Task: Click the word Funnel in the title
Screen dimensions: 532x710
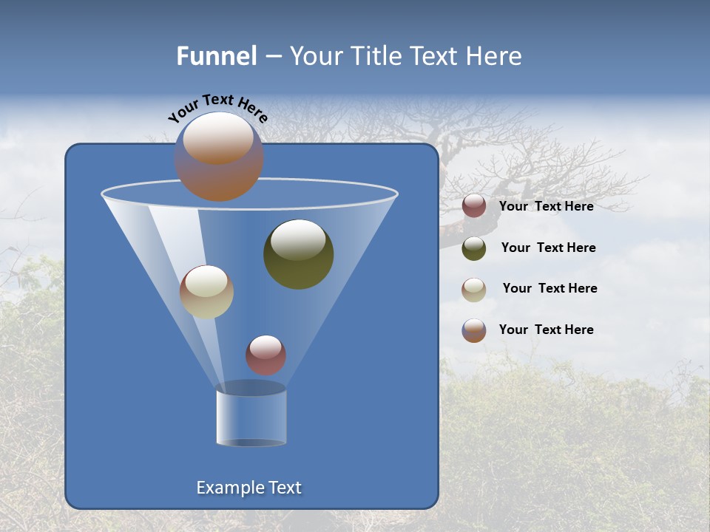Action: (216, 56)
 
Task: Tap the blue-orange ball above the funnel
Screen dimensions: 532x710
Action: (219, 157)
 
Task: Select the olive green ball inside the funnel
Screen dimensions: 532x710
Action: (299, 255)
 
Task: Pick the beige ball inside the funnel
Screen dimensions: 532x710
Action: (207, 292)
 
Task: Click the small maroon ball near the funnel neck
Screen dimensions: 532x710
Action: (266, 355)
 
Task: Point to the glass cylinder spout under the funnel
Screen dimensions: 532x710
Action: (251, 415)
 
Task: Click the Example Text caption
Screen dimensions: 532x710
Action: (249, 488)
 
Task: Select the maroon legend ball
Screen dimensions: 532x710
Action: (474, 206)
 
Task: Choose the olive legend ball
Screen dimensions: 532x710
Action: (474, 248)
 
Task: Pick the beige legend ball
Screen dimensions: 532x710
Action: (474, 290)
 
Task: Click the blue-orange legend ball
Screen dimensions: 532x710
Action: (474, 330)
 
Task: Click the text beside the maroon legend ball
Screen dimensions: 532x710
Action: (547, 207)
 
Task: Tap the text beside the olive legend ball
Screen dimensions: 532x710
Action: (548, 248)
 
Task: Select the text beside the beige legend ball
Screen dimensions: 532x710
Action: (550, 289)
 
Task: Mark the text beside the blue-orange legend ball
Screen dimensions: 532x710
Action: (547, 330)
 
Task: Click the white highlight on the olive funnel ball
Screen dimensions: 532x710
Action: (298, 240)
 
